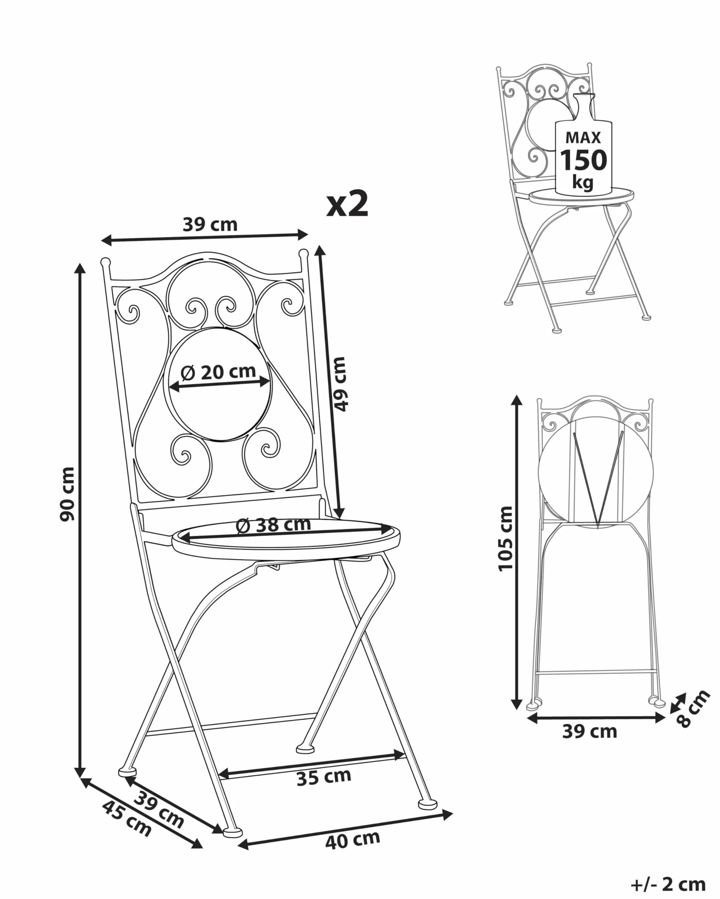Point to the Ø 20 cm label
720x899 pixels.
pyautogui.click(x=218, y=371)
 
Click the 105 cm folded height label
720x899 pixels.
pyautogui.click(x=506, y=538)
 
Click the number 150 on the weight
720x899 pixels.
pyautogui.click(x=583, y=160)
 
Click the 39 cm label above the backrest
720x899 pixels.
pyautogui.click(x=210, y=224)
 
